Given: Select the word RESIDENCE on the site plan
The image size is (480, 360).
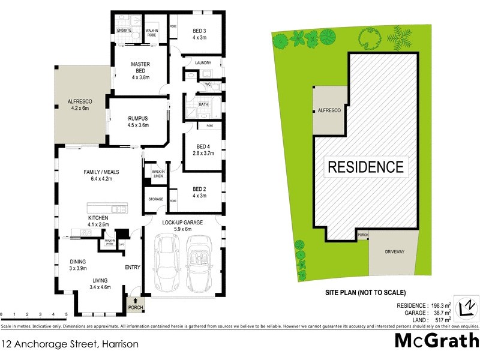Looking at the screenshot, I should [x=365, y=166].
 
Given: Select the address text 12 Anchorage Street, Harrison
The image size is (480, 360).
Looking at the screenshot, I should [x=71, y=344].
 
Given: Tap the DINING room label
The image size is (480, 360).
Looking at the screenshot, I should [x=77, y=265].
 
